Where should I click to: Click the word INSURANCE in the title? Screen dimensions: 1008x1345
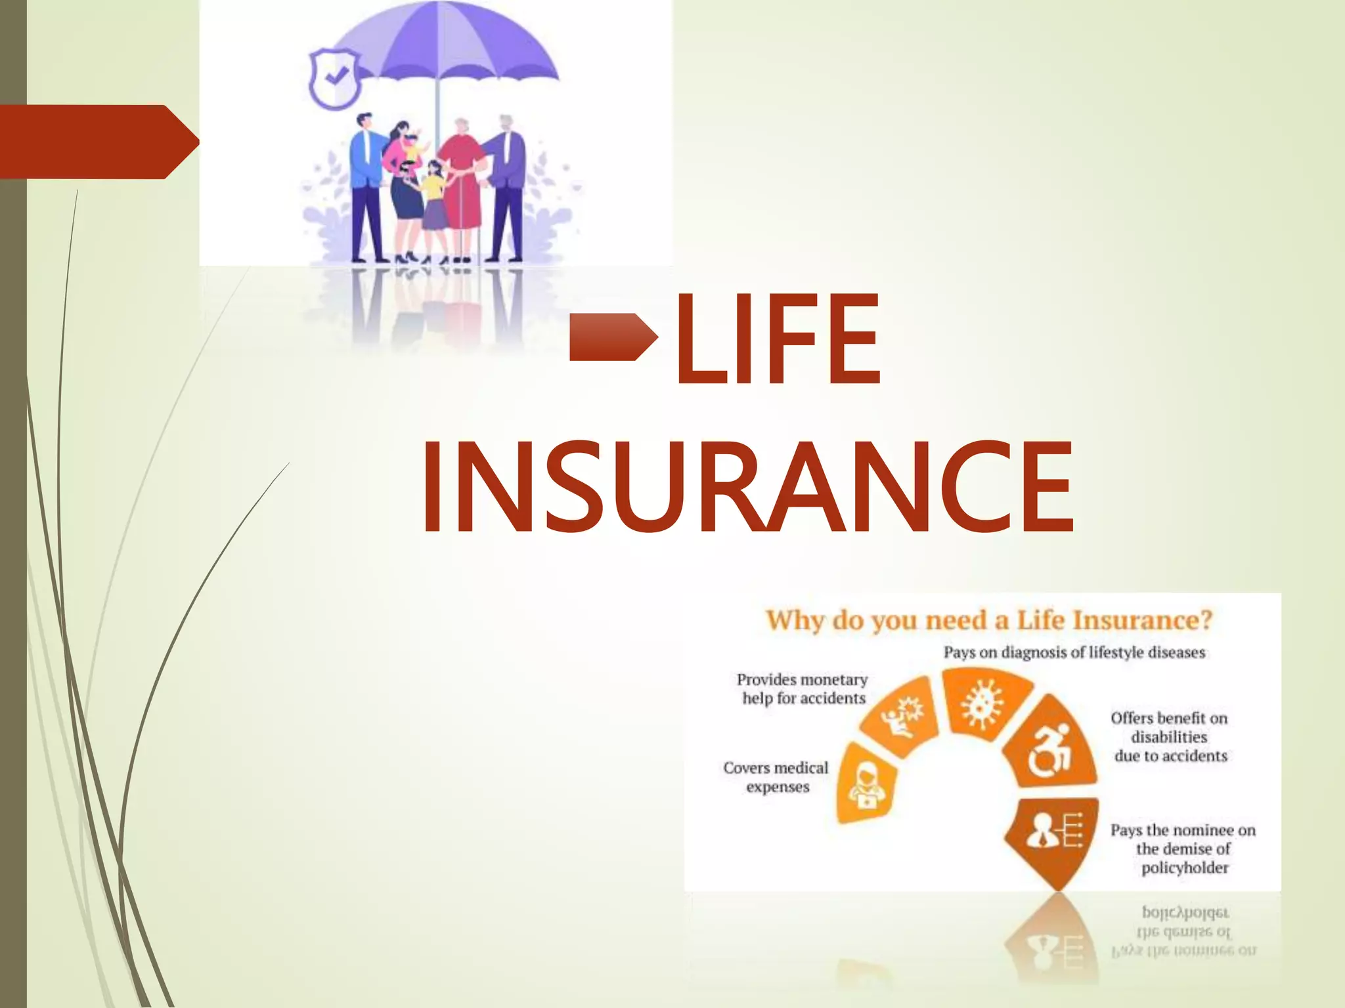click(x=747, y=487)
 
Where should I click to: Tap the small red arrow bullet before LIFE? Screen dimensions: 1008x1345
click(x=613, y=337)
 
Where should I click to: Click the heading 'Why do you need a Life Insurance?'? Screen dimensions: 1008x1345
click(x=988, y=620)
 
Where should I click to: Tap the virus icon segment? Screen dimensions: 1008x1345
click(x=983, y=702)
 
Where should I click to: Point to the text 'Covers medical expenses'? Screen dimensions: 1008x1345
click(x=776, y=777)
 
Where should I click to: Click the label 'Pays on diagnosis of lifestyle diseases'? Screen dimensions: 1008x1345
click(x=1074, y=652)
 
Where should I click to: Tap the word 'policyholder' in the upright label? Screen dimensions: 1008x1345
click(x=1184, y=868)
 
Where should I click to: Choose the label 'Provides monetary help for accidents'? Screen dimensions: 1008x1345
click(x=803, y=688)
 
